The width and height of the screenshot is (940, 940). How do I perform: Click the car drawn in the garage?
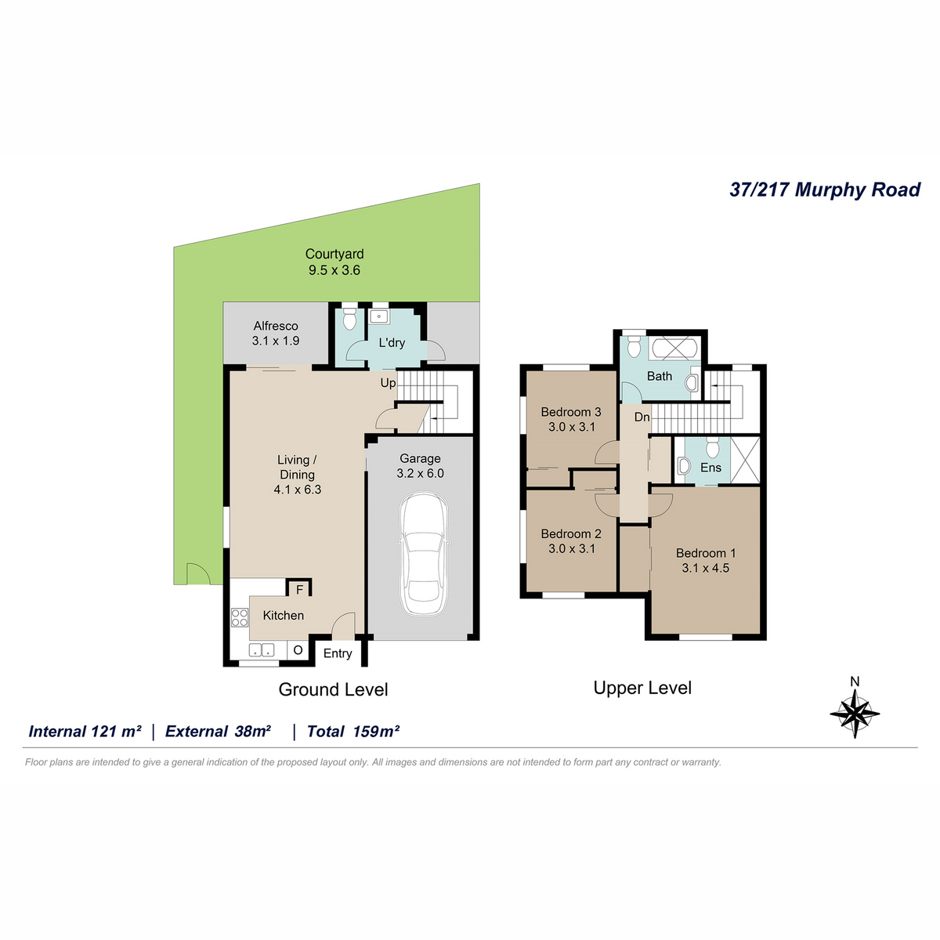point(423,554)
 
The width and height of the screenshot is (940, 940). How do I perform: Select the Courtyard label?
point(334,254)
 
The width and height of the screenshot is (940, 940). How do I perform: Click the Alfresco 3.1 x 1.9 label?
point(276,333)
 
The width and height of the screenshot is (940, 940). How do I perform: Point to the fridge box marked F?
point(299,589)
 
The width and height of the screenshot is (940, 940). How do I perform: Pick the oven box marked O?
point(298,650)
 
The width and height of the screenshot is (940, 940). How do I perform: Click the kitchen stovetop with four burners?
point(239,617)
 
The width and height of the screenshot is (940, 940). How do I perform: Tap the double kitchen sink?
point(262,650)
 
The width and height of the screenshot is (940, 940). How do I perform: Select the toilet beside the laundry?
point(349,317)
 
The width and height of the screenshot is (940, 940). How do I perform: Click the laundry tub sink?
point(378,316)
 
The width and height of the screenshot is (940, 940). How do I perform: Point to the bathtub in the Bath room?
point(674,348)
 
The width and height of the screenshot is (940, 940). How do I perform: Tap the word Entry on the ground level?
point(338,653)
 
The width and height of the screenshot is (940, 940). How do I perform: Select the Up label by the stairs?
point(388,383)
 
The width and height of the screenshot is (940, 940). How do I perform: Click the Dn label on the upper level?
point(642,417)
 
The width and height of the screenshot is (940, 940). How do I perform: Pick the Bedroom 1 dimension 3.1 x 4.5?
point(705,568)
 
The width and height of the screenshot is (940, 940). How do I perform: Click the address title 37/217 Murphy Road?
point(825,190)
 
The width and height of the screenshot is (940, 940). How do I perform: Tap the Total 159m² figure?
point(353,731)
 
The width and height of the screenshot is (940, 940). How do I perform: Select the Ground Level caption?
point(333,689)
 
